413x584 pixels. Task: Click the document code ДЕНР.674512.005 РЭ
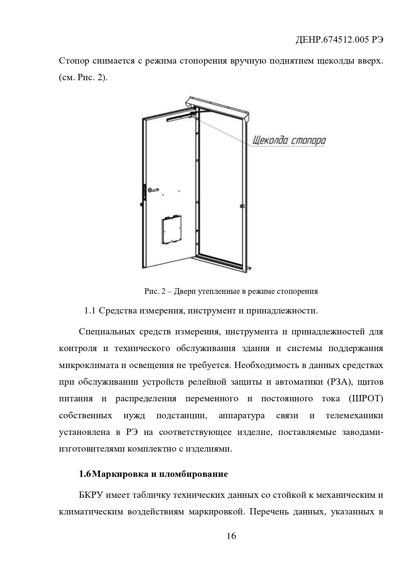click(x=339, y=40)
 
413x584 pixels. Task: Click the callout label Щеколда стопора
click(x=289, y=141)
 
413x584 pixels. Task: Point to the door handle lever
click(x=154, y=190)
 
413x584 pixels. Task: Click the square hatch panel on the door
click(x=172, y=229)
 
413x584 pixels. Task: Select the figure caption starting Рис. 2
click(x=231, y=292)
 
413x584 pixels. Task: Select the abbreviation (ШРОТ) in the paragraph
click(x=366, y=399)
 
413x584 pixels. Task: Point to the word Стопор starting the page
click(x=74, y=61)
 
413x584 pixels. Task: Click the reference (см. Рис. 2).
click(x=83, y=78)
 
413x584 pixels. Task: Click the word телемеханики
click(x=354, y=416)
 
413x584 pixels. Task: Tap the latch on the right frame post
click(x=243, y=206)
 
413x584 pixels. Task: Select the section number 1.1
click(x=90, y=311)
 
